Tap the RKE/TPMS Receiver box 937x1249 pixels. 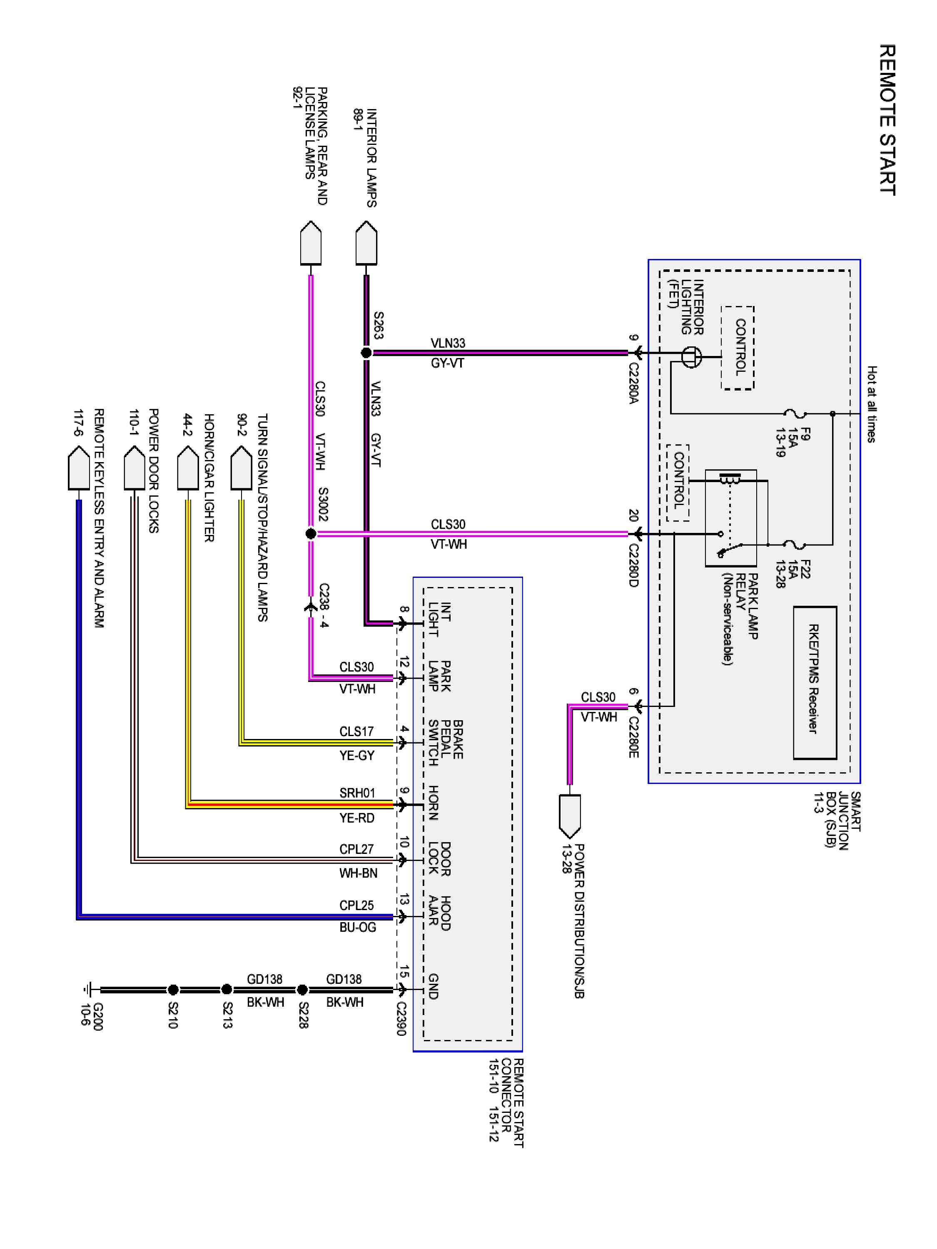(815, 683)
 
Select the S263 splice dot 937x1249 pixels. (366, 353)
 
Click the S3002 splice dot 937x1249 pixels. (311, 534)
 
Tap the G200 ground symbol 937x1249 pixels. (87, 990)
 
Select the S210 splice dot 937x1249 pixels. (173, 990)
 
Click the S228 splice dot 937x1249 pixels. (302, 990)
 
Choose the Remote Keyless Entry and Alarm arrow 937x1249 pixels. (79, 468)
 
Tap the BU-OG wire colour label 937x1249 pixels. (357, 927)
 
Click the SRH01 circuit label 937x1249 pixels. (357, 793)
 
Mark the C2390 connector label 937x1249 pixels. (401, 1019)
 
